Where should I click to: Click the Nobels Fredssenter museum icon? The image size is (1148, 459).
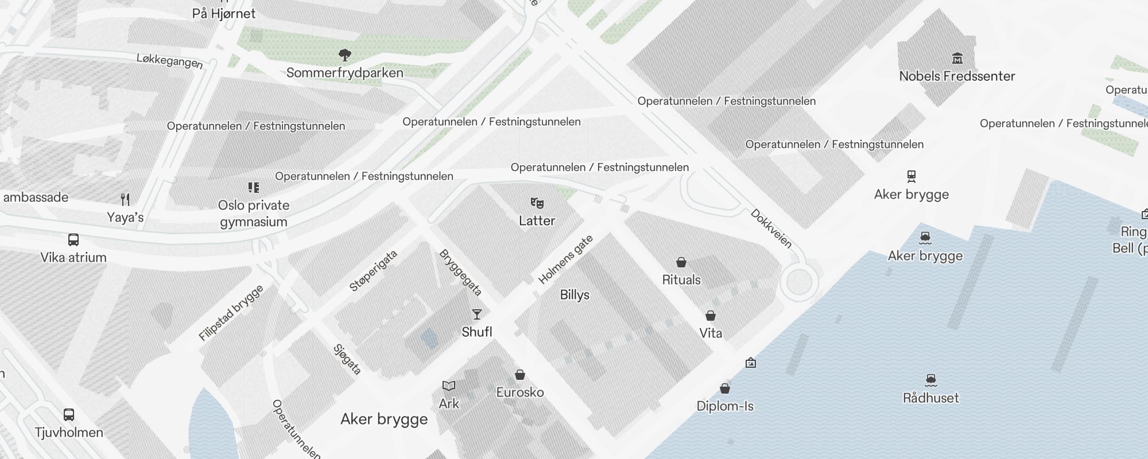coord(957,58)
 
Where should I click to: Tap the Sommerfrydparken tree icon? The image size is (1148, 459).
coord(344,55)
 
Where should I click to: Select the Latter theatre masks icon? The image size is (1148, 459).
coord(537,203)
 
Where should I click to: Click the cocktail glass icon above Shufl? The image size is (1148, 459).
coord(476,314)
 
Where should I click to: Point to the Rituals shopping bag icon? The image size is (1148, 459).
coord(681,262)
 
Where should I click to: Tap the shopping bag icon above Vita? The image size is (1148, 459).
coord(711,316)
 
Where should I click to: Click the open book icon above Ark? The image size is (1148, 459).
coord(448,386)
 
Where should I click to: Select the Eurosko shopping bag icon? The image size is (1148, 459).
coord(520,375)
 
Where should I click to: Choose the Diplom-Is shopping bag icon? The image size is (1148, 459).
coord(725,388)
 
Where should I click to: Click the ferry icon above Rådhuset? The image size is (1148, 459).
coord(931,380)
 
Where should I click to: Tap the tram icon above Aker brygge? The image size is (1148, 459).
coord(911,176)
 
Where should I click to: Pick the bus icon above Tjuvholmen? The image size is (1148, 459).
coord(69,414)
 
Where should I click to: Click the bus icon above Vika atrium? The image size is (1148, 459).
coord(73,240)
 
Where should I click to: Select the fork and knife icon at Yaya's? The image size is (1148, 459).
coord(125,200)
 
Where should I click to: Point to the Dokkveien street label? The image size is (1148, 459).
coord(771,228)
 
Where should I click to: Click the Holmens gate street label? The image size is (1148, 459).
coord(565,259)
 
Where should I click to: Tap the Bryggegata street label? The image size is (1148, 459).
coord(460,272)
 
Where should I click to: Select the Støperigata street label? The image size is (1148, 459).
coord(374,271)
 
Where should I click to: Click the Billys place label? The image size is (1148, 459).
coord(575,295)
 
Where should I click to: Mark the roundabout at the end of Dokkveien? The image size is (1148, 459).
coord(799,282)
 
